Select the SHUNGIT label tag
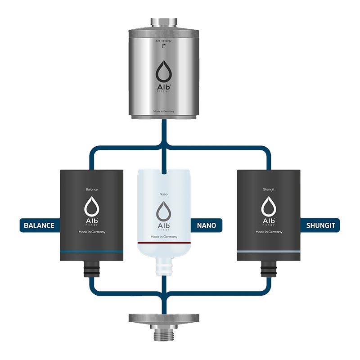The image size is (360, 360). click(319, 225)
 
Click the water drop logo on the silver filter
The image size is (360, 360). click(164, 71)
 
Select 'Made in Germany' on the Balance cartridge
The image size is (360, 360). click(92, 232)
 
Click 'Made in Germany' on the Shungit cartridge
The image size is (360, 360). click(269, 232)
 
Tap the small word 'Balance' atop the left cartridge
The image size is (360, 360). click(92, 189)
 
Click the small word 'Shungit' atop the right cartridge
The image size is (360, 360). click(269, 189)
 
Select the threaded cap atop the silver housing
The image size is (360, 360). click(164, 22)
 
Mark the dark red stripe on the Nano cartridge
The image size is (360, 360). click(164, 243)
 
